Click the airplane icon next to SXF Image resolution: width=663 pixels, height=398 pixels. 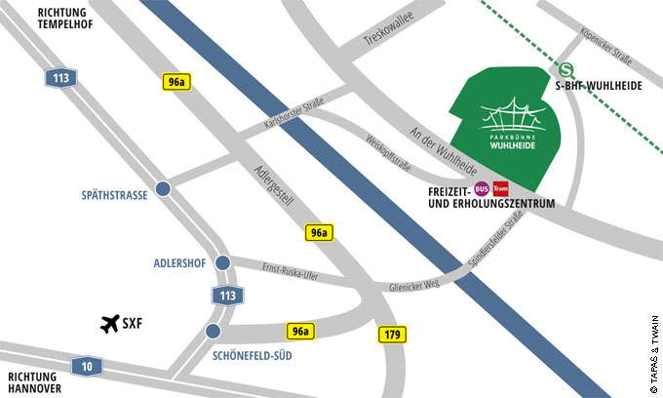pos(109,324)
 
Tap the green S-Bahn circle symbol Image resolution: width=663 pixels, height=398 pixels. pos(566,69)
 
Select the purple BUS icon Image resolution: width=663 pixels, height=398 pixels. pos(481,188)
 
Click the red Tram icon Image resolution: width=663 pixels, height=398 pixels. pos(500,188)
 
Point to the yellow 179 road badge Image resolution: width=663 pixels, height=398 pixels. pos(392,335)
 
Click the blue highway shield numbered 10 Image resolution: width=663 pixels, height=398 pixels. pos(86,366)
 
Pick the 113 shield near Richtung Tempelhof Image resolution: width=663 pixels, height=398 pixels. pos(60,78)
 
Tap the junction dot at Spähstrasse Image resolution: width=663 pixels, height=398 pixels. pos(163,188)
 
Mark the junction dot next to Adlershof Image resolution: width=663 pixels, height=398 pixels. pos(222,262)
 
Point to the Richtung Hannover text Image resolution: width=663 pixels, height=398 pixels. pos(36,381)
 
